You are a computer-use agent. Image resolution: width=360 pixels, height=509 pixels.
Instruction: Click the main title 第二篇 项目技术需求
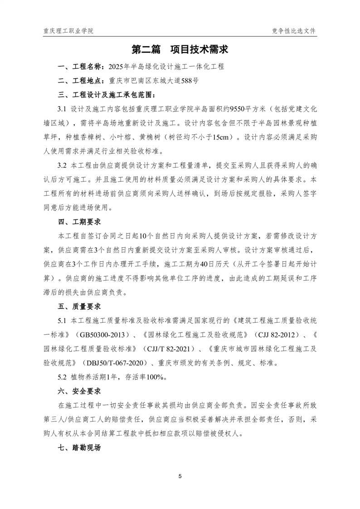coord(180,49)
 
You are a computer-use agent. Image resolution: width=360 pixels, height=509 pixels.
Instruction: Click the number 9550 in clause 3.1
coord(238,109)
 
